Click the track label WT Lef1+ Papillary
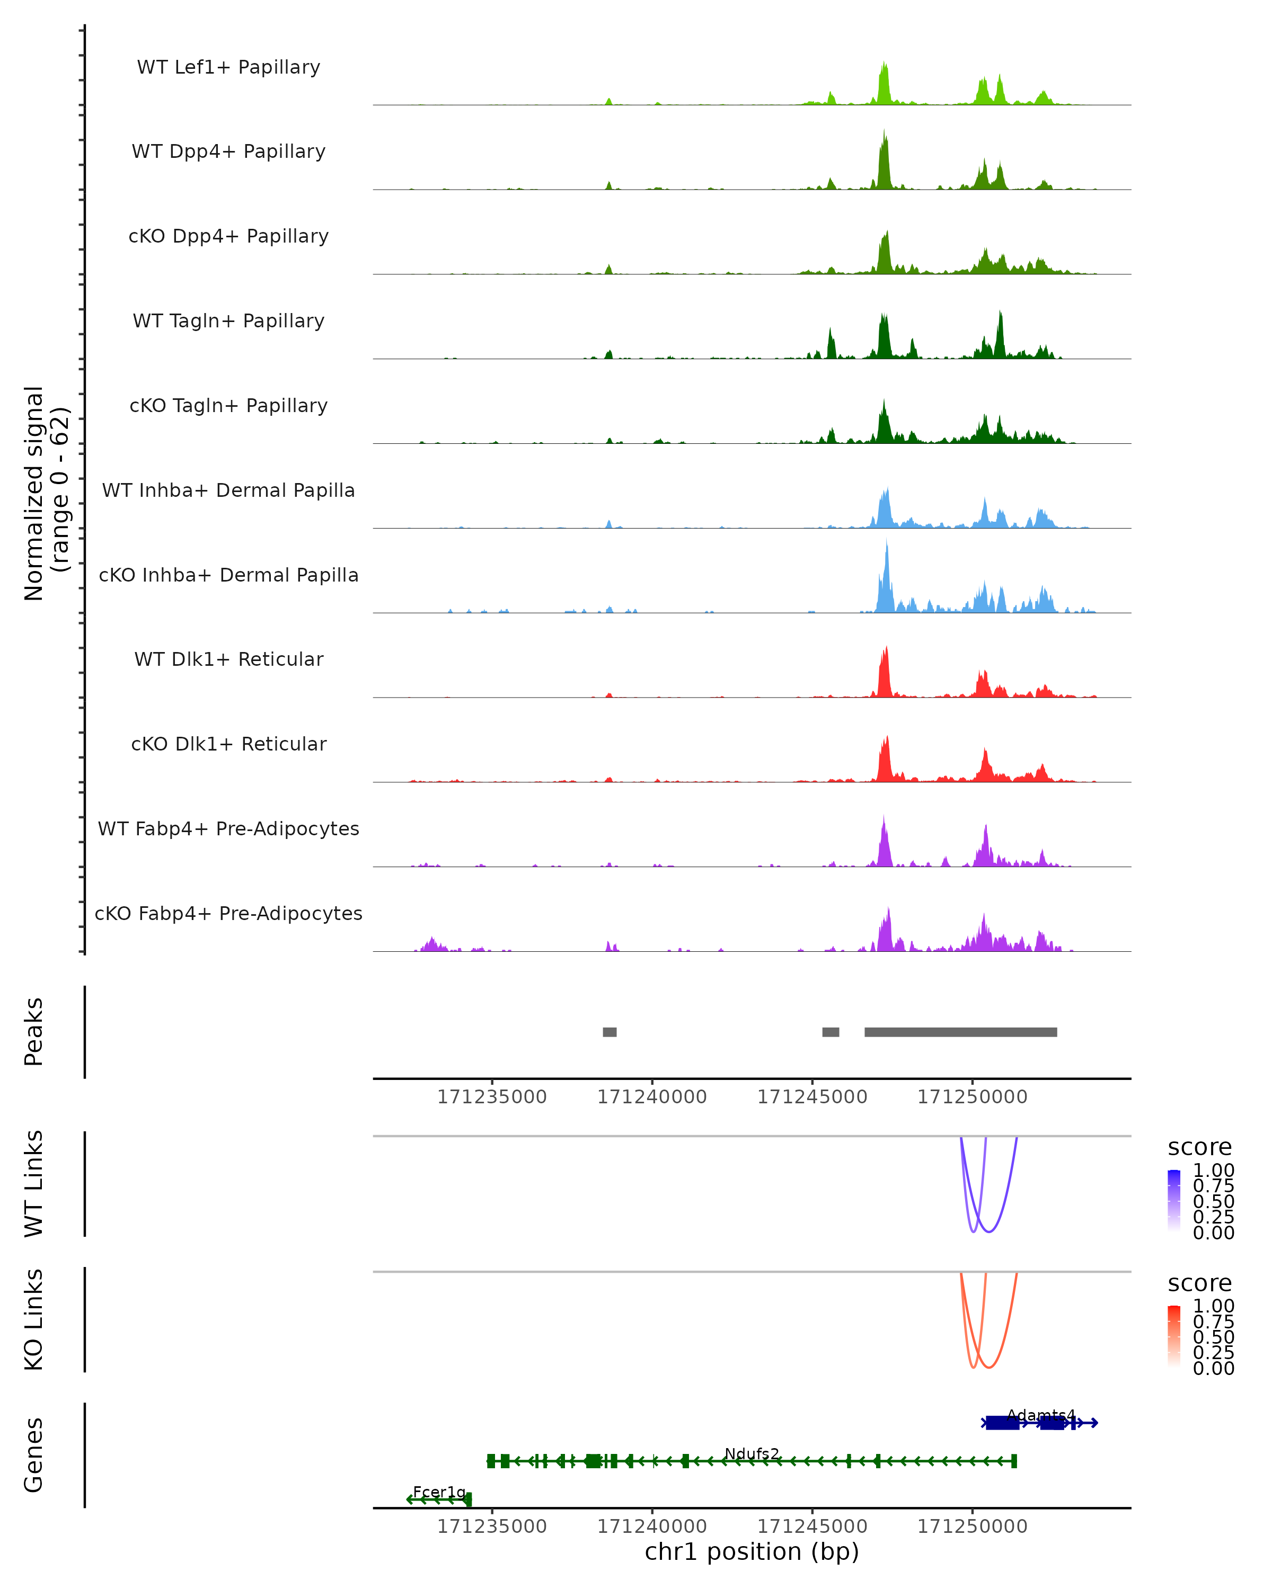click(x=228, y=67)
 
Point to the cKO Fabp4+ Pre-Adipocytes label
click(x=228, y=913)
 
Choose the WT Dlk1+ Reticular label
click(x=228, y=659)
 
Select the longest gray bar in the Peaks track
click(x=960, y=1032)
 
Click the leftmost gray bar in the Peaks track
click(x=609, y=1032)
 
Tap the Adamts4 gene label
click(x=1040, y=1415)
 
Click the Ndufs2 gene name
click(x=752, y=1453)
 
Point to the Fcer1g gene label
click(x=439, y=1492)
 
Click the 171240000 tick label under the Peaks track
click(x=652, y=1097)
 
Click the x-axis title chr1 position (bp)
click(x=752, y=1551)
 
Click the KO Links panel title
click(x=34, y=1319)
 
